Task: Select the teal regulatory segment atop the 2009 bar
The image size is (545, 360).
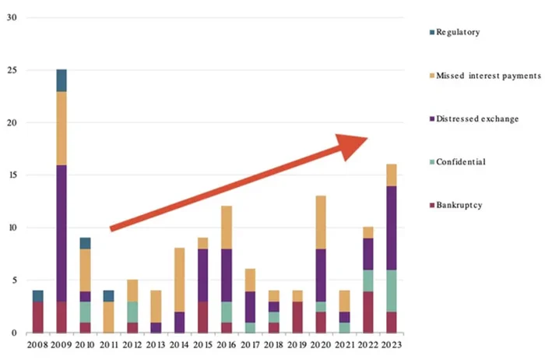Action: click(x=61, y=80)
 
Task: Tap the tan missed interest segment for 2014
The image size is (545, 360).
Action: click(x=180, y=280)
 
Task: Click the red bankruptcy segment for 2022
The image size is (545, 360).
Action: click(x=367, y=312)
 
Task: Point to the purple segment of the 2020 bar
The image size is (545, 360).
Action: click(x=321, y=275)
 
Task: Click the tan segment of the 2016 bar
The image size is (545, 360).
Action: click(x=227, y=228)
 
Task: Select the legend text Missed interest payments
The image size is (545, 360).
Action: click(x=488, y=76)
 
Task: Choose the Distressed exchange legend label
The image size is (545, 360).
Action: click(x=477, y=118)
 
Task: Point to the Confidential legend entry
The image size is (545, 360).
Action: click(x=462, y=161)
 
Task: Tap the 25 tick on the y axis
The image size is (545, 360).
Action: click(x=12, y=70)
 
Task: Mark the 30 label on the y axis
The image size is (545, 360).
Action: click(x=12, y=17)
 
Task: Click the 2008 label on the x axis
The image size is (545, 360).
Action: click(x=37, y=344)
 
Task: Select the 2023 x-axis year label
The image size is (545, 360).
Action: click(x=391, y=344)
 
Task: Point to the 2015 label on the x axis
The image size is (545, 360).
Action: click(x=202, y=344)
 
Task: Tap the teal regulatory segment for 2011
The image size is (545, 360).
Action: click(x=109, y=296)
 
